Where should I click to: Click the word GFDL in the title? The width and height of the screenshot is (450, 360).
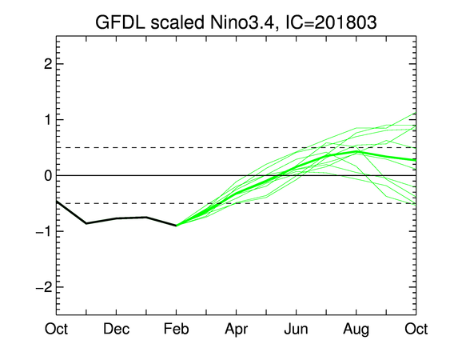120,22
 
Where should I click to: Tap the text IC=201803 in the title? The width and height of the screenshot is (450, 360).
331,22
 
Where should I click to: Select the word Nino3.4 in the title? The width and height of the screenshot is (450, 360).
244,22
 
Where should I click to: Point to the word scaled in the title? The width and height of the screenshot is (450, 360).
177,22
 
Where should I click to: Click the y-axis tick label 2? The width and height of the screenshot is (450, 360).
48,64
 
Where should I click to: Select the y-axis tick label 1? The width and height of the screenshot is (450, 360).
48,119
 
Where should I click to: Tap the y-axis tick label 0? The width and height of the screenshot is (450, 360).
48,175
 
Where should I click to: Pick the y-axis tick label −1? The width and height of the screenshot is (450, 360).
44,231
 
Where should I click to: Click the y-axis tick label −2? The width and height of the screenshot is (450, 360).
44,287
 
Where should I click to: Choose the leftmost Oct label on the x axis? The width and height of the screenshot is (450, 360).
56,329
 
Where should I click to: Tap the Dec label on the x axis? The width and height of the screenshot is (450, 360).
116,329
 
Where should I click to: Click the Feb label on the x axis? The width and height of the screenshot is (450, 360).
176,329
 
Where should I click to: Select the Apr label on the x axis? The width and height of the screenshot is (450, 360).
237,330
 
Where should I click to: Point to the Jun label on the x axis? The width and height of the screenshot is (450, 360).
297,329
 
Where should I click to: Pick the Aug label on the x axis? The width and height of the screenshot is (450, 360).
356,330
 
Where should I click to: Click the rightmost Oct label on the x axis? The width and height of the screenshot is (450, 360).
416,329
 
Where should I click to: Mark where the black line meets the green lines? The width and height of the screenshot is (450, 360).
176,226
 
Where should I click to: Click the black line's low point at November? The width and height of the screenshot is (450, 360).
86,223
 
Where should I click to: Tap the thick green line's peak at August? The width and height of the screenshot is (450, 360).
356,151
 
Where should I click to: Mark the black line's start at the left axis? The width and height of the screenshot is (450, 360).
57,202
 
